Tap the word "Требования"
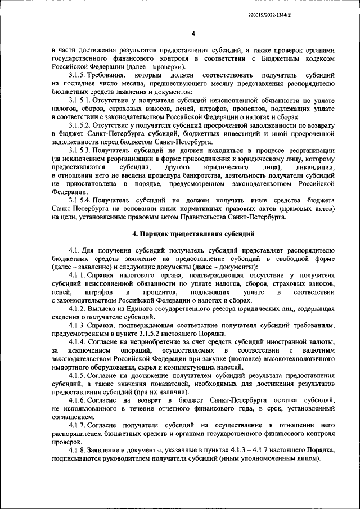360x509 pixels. [x=106, y=75]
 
